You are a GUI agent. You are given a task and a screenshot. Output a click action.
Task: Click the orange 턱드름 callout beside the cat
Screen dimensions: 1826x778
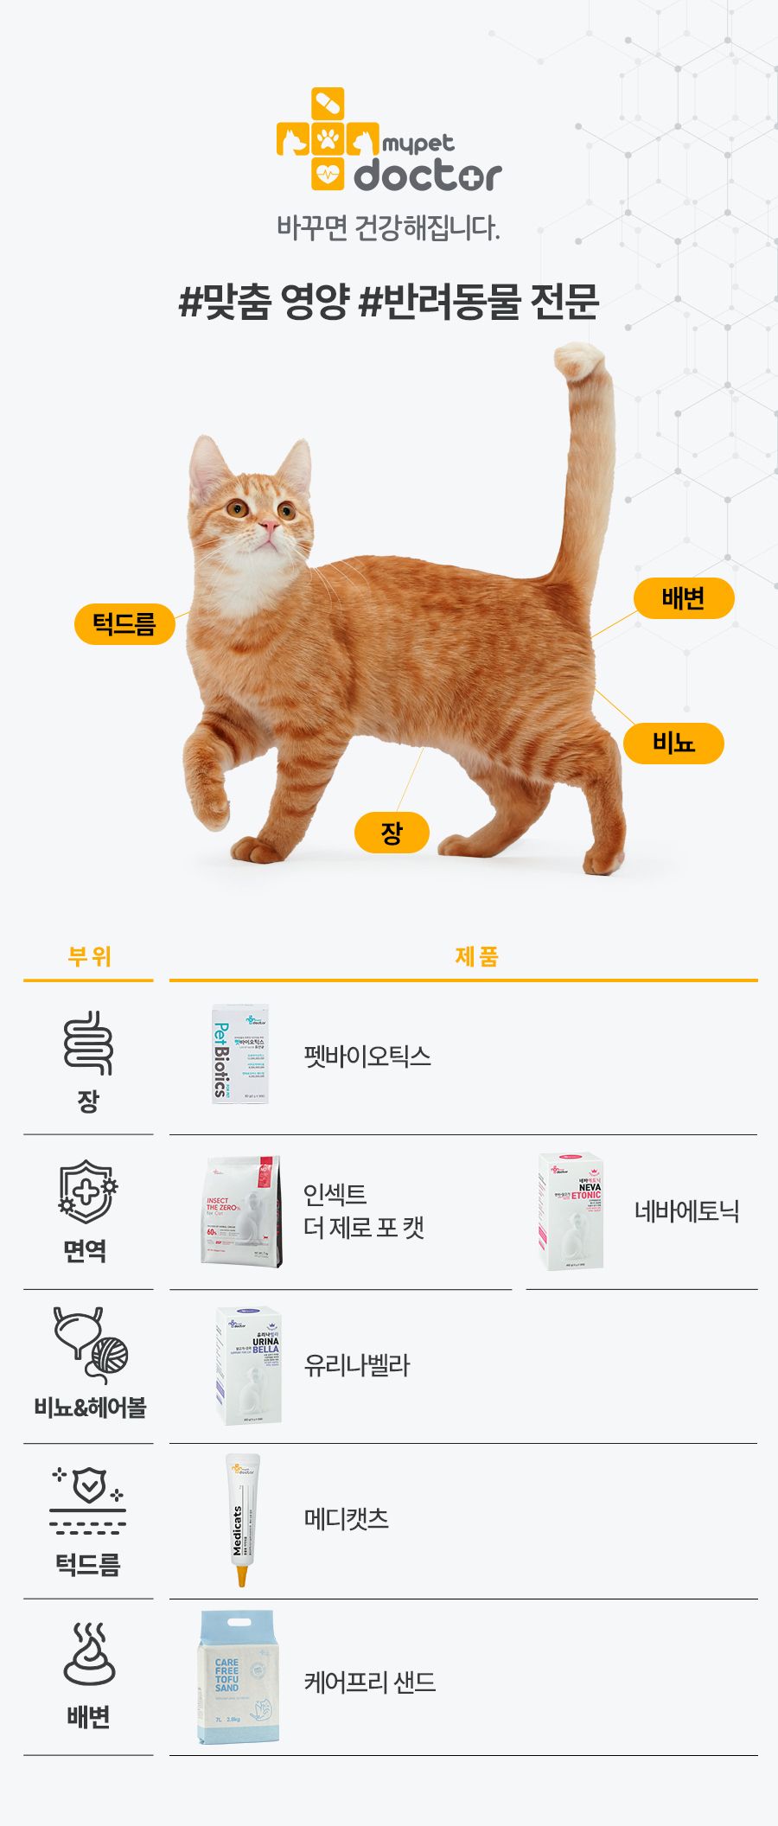[x=124, y=624]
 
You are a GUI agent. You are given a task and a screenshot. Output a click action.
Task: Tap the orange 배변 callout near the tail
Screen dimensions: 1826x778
[x=683, y=598]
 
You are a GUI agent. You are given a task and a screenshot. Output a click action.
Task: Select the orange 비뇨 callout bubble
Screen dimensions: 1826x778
[x=673, y=743]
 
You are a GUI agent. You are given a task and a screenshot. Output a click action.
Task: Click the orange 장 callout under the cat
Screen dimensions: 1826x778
[x=392, y=833]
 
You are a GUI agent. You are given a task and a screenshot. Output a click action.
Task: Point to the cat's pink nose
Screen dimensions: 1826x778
[x=269, y=527]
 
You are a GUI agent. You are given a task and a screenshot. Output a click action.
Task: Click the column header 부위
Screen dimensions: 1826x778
[x=89, y=956]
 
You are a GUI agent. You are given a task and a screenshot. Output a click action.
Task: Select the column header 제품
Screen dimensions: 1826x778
[x=476, y=956]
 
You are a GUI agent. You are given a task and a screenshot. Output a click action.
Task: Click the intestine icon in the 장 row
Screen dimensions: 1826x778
[x=88, y=1043]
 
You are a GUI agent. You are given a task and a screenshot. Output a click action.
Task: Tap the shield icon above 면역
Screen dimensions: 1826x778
[x=86, y=1192]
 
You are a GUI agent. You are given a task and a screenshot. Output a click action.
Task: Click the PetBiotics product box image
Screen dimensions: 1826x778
[x=240, y=1054]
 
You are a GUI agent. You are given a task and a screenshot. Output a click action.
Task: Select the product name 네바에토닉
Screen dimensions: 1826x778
[x=686, y=1211]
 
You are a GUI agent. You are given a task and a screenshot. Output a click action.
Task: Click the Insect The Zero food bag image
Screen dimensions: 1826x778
[x=242, y=1212]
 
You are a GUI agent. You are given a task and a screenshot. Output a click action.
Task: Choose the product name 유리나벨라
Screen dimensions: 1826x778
[x=356, y=1365]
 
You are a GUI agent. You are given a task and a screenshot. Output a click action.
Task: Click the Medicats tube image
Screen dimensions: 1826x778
[x=242, y=1518]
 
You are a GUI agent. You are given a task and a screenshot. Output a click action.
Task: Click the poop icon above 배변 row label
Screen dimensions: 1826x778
[x=88, y=1655]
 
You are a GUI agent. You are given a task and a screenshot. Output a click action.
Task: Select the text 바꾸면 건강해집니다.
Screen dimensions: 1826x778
[x=388, y=228]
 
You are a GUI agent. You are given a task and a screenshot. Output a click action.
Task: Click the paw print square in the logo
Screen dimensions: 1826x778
[x=328, y=138]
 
